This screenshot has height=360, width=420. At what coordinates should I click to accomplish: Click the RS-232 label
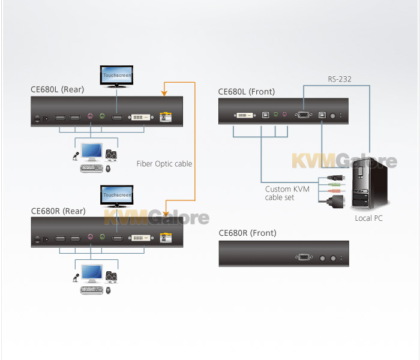pyautogui.click(x=340, y=79)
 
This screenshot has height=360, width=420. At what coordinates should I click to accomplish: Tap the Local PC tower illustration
pyautogui.click(x=370, y=184)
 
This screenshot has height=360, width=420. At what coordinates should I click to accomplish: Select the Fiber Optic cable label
pyautogui.click(x=164, y=164)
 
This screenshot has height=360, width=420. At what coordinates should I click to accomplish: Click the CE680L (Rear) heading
pyautogui.click(x=58, y=89)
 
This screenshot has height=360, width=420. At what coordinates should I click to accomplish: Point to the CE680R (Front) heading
pyautogui.click(x=247, y=233)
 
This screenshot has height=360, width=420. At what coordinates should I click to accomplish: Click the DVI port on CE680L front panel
pyautogui.click(x=245, y=115)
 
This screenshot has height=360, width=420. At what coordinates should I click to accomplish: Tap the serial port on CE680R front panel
pyautogui.click(x=304, y=257)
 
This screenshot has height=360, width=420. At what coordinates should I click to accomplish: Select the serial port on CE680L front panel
pyautogui.click(x=304, y=115)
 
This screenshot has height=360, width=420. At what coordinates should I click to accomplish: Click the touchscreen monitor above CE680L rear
pyautogui.click(x=116, y=77)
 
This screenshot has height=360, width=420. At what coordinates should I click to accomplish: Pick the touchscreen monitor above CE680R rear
pyautogui.click(x=117, y=196)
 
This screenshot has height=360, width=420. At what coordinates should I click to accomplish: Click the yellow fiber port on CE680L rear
pyautogui.click(x=166, y=117)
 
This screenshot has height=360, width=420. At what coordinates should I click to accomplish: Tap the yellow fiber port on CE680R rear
pyautogui.click(x=166, y=238)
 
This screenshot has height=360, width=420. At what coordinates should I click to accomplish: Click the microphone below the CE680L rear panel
pyautogui.click(x=76, y=156)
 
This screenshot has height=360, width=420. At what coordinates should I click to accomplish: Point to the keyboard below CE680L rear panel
pyautogui.click(x=92, y=168)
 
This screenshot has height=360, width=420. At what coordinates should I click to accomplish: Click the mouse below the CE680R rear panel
pyautogui.click(x=108, y=290)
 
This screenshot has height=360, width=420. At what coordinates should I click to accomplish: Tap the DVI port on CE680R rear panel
pyautogui.click(x=141, y=238)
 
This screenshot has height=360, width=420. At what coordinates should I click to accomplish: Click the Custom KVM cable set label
pyautogui.click(x=287, y=193)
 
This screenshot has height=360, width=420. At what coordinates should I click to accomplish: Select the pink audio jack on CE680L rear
pyautogui.click(x=90, y=116)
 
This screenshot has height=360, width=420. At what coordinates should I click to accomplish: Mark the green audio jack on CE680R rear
pyautogui.click(x=102, y=236)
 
